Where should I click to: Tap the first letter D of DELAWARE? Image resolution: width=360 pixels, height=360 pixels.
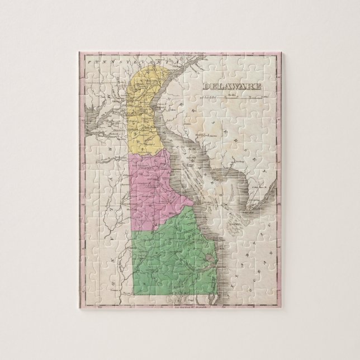(205, 87)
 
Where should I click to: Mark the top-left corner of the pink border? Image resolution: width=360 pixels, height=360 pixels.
(78, 52)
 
